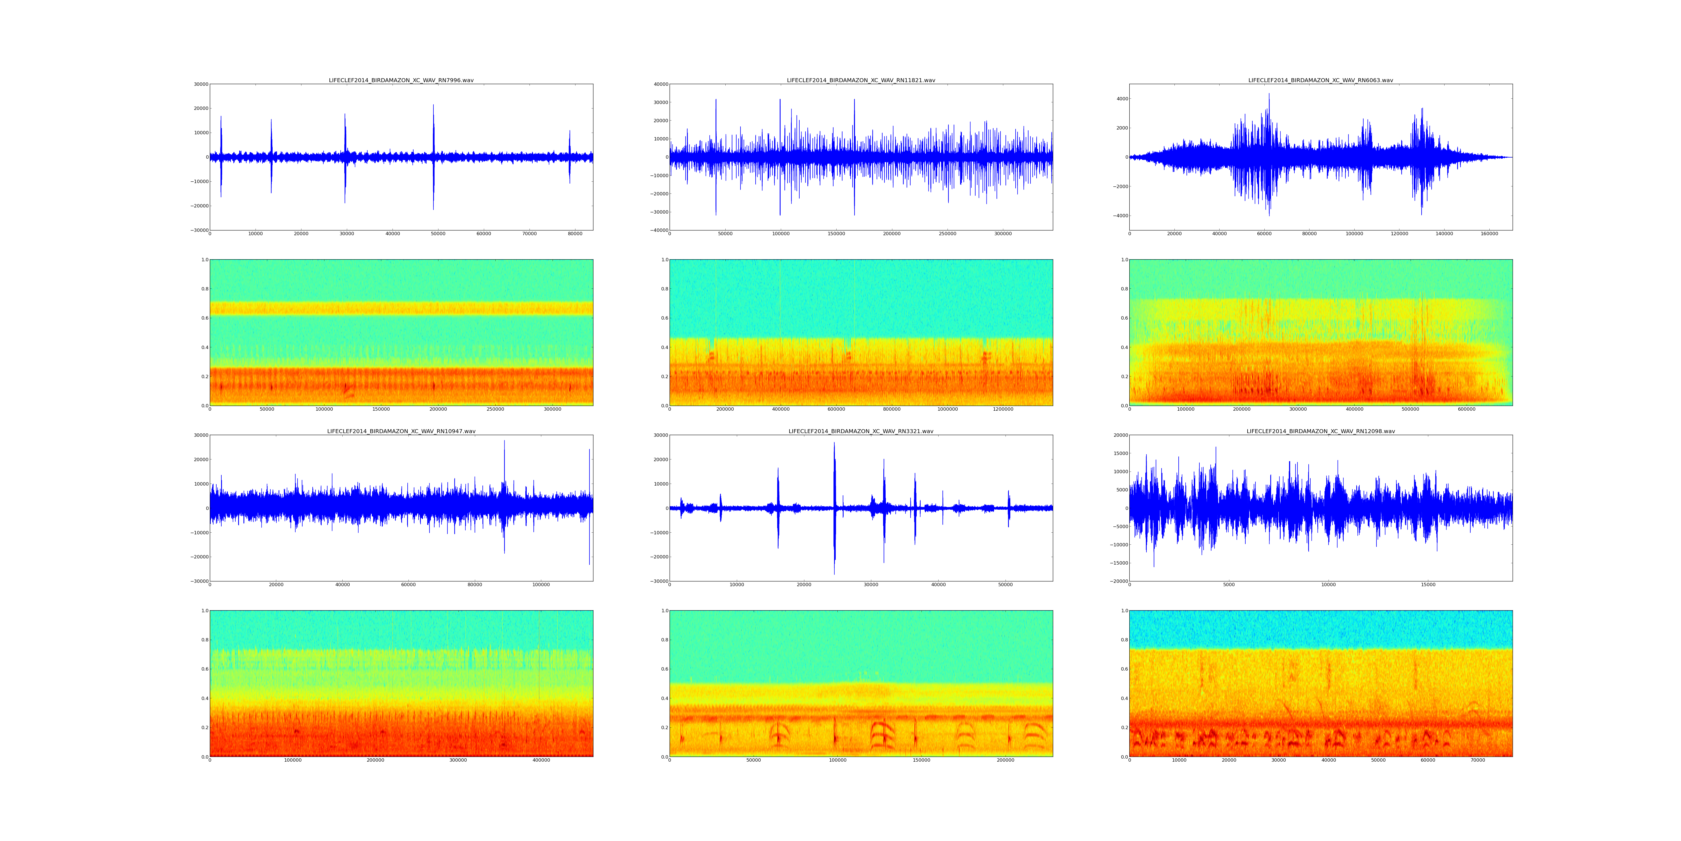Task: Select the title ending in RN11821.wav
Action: [861, 80]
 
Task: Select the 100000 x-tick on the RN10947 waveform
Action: [541, 584]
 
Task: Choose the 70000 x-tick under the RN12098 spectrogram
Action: [1477, 760]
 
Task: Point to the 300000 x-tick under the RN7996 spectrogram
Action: [552, 409]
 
